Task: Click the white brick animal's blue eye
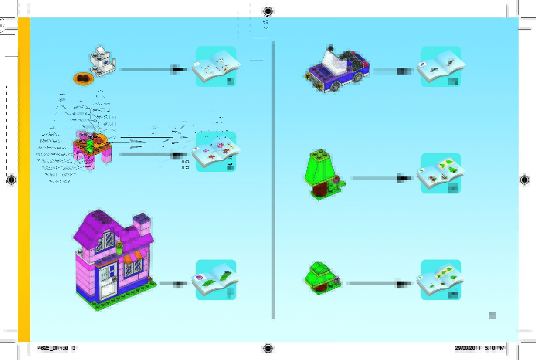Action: (x=105, y=61)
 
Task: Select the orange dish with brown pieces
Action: (x=84, y=78)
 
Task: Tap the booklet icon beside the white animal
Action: (x=216, y=67)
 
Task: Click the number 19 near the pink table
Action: (x=185, y=166)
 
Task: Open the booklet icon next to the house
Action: (x=216, y=280)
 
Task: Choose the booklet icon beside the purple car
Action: (x=441, y=67)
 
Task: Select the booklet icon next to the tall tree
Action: (x=441, y=173)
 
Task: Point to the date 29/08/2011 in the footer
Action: (x=467, y=348)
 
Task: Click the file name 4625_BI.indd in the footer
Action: (x=53, y=348)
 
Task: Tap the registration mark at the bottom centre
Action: (x=268, y=348)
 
